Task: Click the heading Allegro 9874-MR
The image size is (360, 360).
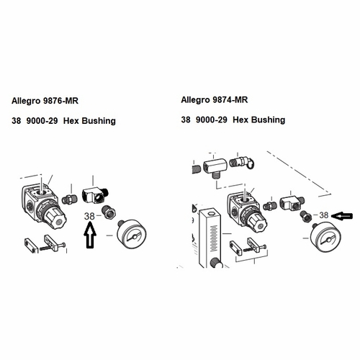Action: tap(217, 100)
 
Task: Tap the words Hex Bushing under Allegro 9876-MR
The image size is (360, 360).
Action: tap(90, 121)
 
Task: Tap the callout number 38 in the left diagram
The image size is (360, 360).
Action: tap(91, 215)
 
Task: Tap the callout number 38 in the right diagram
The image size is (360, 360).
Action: tap(323, 215)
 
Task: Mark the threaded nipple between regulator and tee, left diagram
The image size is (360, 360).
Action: tap(70, 196)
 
